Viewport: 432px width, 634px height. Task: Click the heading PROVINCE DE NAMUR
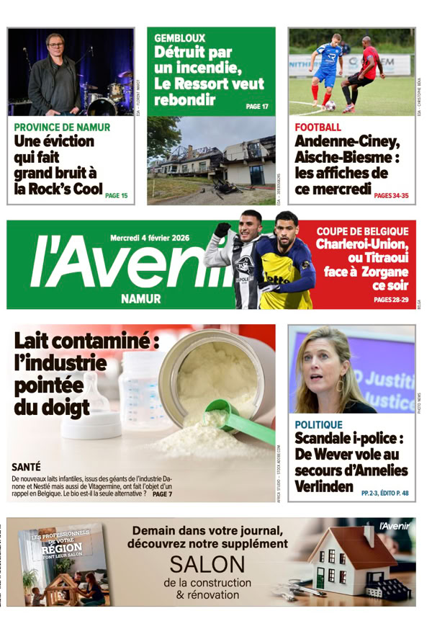click(62, 127)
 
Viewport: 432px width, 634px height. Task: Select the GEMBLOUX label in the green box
click(179, 37)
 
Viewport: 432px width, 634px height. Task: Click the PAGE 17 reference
click(257, 106)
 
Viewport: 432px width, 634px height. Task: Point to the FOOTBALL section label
click(318, 127)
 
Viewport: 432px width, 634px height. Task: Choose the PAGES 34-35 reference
click(391, 195)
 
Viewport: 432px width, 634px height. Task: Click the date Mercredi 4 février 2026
click(156, 238)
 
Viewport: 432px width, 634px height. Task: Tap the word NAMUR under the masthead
click(140, 298)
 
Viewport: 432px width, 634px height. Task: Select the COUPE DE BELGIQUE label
click(362, 231)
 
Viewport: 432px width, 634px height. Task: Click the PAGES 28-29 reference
click(391, 299)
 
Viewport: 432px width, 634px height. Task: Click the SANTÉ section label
click(27, 467)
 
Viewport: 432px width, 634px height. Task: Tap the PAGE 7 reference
click(162, 494)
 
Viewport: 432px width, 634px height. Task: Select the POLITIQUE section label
click(318, 425)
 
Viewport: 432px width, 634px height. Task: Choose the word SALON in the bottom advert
click(207, 563)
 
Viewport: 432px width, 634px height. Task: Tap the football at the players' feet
click(330, 106)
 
